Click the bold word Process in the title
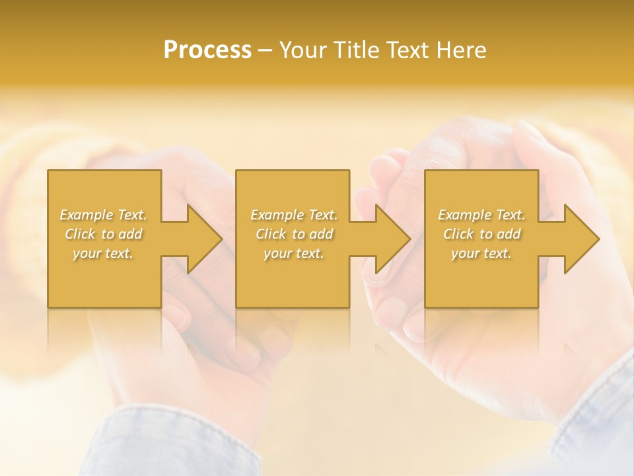click(x=207, y=50)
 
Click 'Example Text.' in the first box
click(x=104, y=215)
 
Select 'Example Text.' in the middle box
click(x=294, y=215)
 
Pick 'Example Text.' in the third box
click(x=481, y=215)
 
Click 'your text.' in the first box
click(x=103, y=253)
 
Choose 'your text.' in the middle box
click(x=293, y=253)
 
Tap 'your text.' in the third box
click(x=481, y=253)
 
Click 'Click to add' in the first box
click(x=104, y=234)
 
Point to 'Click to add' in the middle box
click(x=294, y=234)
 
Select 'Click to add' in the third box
click(x=481, y=234)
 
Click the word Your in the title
click(x=303, y=50)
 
